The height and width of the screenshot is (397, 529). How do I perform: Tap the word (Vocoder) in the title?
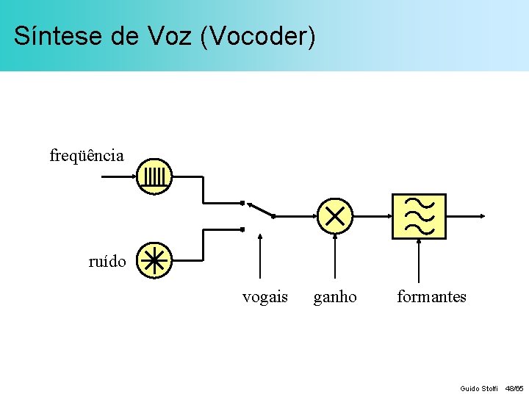coord(256,35)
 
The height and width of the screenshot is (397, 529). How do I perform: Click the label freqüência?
coord(87,155)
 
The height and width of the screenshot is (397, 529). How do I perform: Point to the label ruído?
coord(107,261)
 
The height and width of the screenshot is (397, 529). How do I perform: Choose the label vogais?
coord(265,297)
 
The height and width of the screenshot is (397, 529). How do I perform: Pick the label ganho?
coord(335,297)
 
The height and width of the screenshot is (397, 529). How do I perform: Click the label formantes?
coord(431,297)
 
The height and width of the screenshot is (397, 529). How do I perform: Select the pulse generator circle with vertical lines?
coord(154,176)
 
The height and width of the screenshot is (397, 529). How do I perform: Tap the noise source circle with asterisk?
coord(154,260)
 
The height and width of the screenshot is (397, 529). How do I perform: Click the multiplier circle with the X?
coord(335,216)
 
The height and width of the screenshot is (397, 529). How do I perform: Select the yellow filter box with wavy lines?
coord(419,216)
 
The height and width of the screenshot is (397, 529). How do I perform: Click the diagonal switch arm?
coord(261,210)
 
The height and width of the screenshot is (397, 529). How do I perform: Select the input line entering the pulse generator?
coord(118,176)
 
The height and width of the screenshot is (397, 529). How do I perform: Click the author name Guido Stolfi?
coord(479,388)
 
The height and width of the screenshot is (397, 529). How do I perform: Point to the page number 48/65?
coord(514,388)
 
